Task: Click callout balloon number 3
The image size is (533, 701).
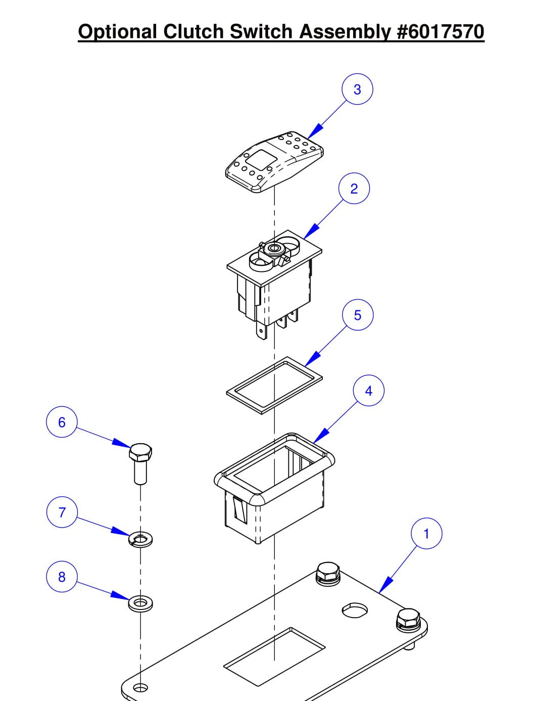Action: tap(357, 89)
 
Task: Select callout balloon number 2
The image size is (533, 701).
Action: tap(354, 189)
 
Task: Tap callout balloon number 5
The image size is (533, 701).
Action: tap(357, 315)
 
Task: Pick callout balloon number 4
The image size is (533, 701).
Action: tap(368, 391)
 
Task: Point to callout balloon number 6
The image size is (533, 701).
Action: tap(62, 422)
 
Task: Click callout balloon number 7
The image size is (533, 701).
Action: tap(62, 512)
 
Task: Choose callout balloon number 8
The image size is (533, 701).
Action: tap(62, 577)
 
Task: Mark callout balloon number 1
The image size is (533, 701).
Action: tap(426, 534)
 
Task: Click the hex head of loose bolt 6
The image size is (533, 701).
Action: tap(140, 452)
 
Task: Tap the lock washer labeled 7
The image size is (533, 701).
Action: tap(140, 540)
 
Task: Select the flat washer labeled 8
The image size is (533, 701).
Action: tap(140, 603)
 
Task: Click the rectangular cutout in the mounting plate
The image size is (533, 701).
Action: tap(274, 657)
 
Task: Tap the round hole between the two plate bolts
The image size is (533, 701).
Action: tap(355, 610)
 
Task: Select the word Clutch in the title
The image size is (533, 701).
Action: tap(194, 32)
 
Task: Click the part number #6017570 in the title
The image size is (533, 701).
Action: tap(441, 32)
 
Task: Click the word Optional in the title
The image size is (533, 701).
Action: tap(118, 32)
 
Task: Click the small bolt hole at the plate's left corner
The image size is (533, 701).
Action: tap(141, 688)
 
